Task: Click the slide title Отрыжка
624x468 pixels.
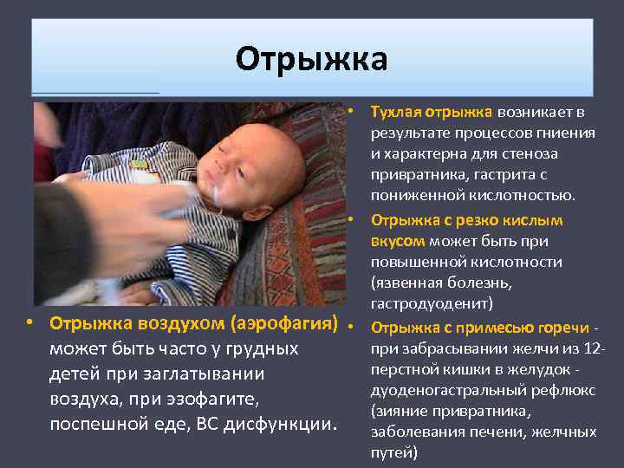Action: point(311,60)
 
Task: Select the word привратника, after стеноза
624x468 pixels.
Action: point(413,174)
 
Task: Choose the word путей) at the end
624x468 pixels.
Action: point(394,452)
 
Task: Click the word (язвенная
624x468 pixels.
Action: point(405,283)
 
